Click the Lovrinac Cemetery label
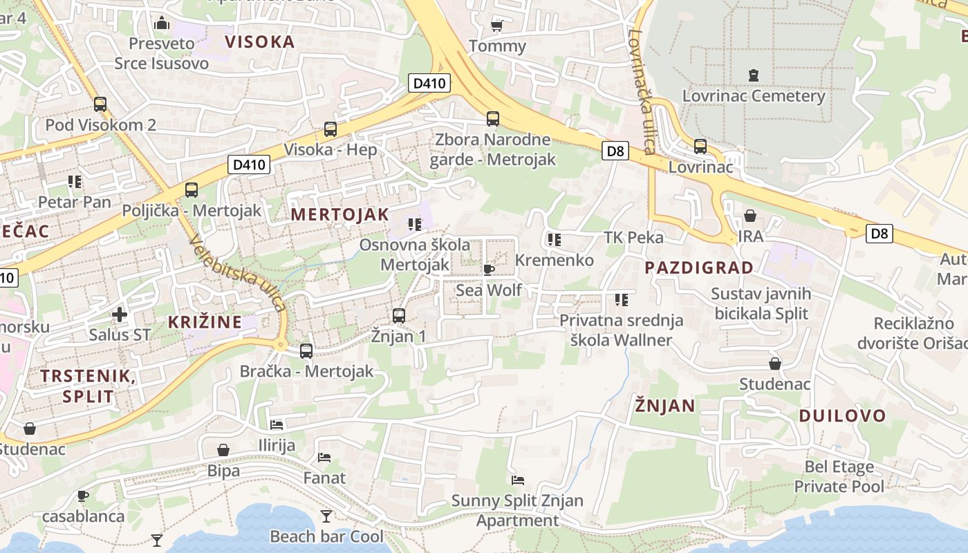[754, 95]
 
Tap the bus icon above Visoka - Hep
[331, 129]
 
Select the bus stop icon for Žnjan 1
[399, 316]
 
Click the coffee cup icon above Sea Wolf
[489, 270]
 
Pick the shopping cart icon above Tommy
[496, 26]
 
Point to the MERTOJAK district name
[339, 214]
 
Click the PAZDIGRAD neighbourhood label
[699, 268]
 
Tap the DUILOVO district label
[842, 415]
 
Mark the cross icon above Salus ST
[120, 315]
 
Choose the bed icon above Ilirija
[277, 424]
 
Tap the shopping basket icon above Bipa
[223, 451]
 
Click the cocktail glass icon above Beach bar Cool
[326, 516]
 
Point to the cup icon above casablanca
[83, 496]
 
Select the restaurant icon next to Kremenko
[554, 240]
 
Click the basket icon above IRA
[750, 216]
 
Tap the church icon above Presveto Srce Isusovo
[162, 24]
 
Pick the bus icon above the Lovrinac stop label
[700, 147]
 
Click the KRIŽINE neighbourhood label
[205, 321]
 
